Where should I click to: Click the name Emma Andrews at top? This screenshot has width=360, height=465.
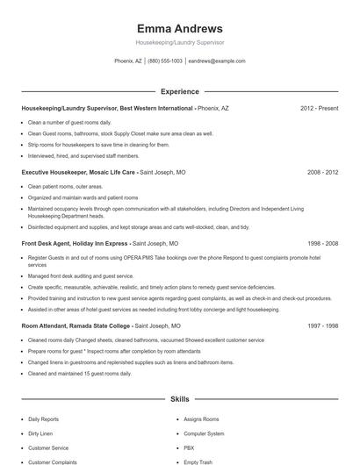point(179,28)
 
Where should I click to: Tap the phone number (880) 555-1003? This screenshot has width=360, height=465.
point(165,61)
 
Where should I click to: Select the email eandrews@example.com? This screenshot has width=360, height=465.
point(217,61)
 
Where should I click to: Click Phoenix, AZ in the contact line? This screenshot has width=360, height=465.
point(128,61)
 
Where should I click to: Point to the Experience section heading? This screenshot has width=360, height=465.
point(179,91)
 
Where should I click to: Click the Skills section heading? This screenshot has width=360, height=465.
point(179,399)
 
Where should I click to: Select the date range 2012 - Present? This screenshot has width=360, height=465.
point(319,108)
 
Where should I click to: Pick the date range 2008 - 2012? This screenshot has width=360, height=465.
point(322,173)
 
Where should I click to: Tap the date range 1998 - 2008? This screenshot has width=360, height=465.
point(322,243)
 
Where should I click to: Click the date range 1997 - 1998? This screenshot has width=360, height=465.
point(322,325)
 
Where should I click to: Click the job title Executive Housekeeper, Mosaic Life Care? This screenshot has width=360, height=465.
point(79,173)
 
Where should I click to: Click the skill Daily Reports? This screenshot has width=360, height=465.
point(44,419)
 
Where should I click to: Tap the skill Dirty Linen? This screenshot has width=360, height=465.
point(41,433)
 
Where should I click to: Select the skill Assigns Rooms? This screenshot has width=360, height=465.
point(200,419)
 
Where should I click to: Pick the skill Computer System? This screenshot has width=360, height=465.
point(204,433)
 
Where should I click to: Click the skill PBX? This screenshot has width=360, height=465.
point(189,447)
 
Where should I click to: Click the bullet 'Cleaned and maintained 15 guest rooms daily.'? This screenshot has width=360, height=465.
point(79,374)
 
